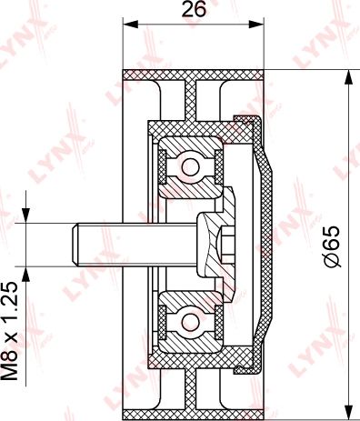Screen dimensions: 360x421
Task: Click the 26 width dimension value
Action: point(194,9)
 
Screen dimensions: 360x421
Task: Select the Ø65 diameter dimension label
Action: point(332,246)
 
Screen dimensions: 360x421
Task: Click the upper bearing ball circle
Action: point(191,167)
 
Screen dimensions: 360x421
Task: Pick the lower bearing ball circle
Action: point(191,321)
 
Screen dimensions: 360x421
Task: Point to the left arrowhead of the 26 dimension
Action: point(130,25)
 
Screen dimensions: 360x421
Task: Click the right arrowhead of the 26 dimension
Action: point(256,25)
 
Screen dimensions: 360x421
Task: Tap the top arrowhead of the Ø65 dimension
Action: point(350,77)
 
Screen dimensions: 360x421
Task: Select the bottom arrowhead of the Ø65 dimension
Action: point(350,413)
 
